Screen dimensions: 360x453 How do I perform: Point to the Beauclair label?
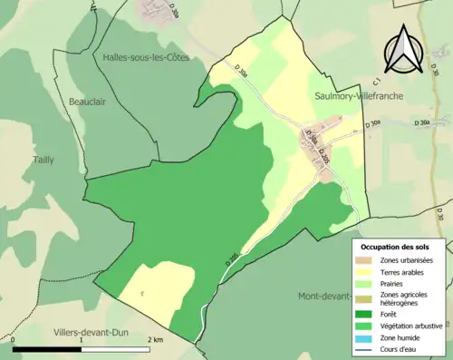click(x=87, y=102)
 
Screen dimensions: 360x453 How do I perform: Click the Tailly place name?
click(x=43, y=160)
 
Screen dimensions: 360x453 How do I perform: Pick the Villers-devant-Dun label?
click(x=92, y=332)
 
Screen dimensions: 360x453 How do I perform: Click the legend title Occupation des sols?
click(x=395, y=247)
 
